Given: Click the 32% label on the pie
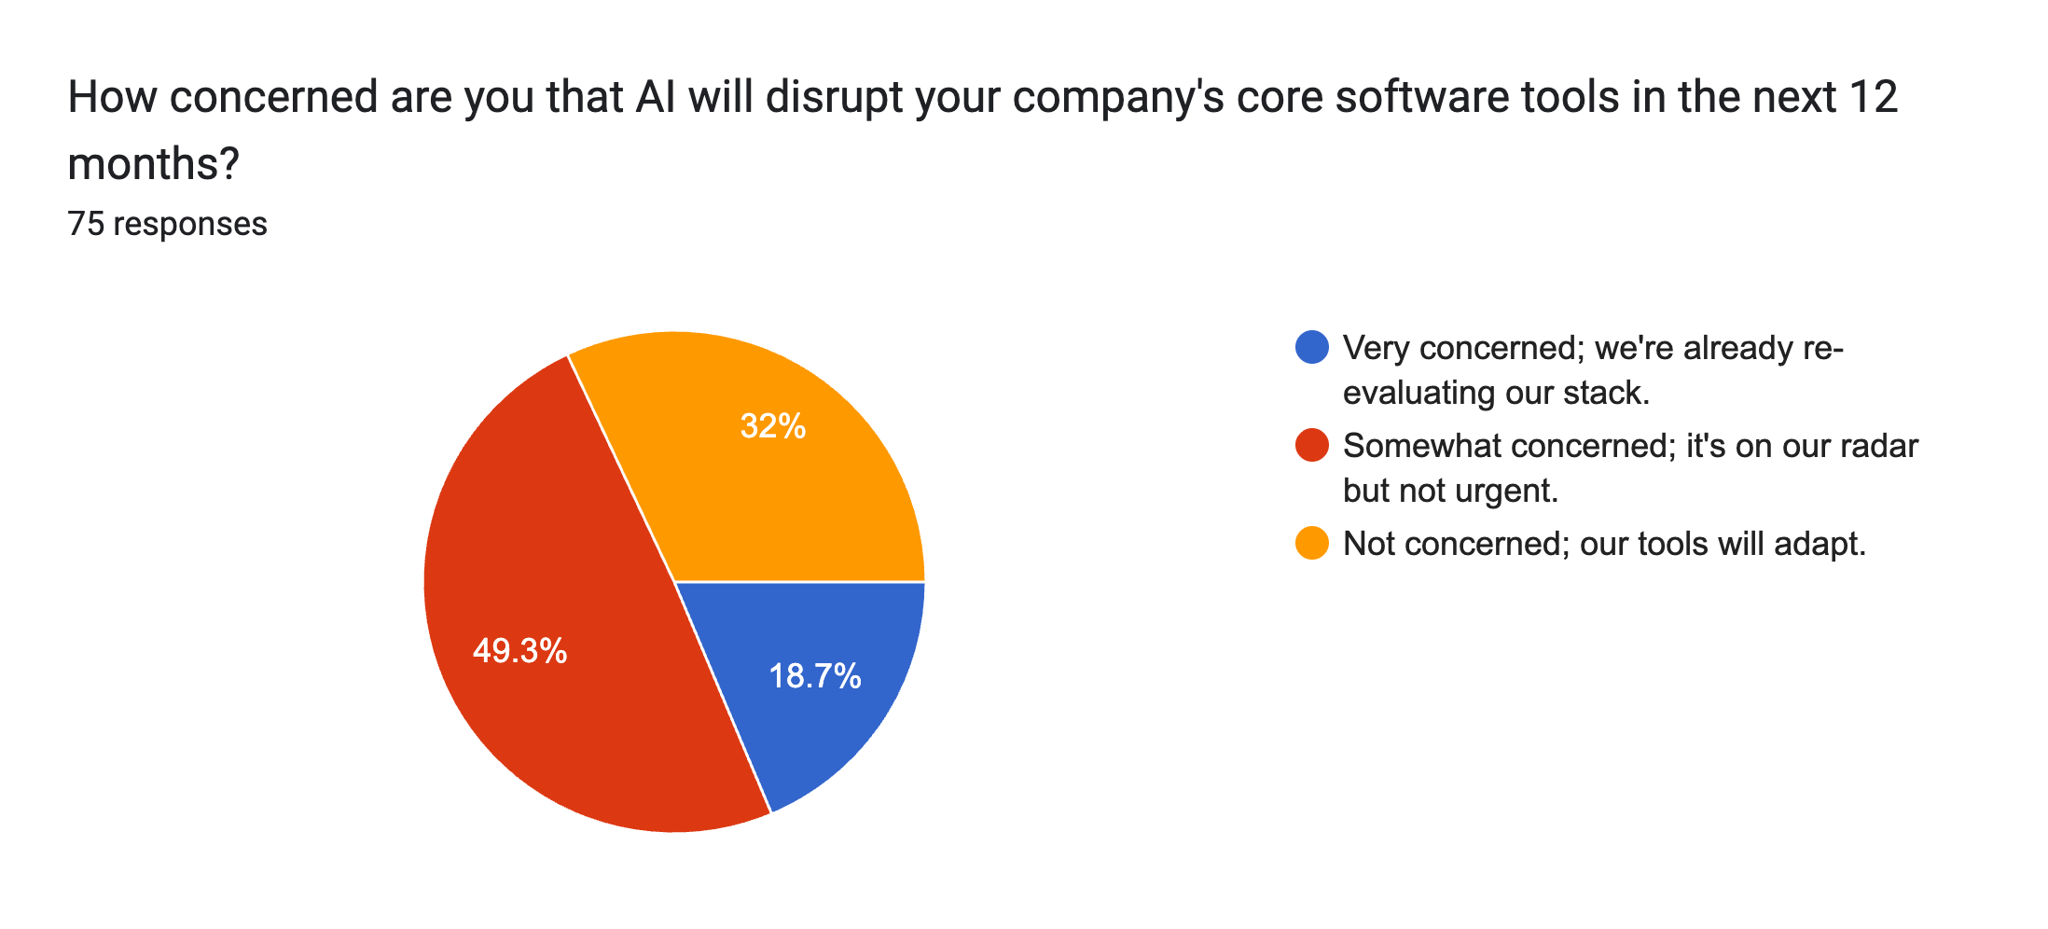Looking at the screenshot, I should click(772, 426).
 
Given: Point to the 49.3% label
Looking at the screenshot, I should click(519, 650).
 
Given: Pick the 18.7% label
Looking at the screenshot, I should click(814, 675).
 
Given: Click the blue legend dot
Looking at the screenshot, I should click(1312, 348).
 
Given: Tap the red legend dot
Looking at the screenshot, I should click(1312, 446).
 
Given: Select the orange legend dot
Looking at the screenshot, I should click(1312, 544).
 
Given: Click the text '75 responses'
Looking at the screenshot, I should click(168, 224).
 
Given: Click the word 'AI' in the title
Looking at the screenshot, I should click(656, 97).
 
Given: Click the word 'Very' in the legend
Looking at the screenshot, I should click(1375, 348).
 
